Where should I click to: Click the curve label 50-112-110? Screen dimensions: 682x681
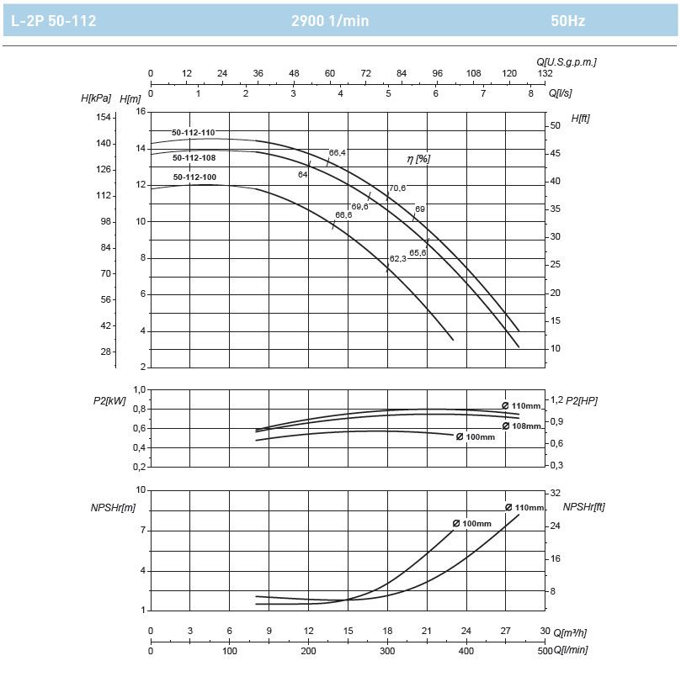[x=194, y=133]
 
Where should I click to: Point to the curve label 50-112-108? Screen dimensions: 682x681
[x=194, y=157]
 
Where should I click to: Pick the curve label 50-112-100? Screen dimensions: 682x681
[x=194, y=177]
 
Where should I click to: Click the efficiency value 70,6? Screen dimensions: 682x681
[x=397, y=188]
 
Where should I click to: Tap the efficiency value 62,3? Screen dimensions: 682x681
[x=397, y=258]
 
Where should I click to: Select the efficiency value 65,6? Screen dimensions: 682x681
[x=418, y=252]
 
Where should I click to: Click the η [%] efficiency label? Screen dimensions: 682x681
[x=418, y=158]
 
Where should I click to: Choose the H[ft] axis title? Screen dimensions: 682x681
[x=580, y=119]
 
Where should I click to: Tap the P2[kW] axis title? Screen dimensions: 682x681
[x=109, y=400]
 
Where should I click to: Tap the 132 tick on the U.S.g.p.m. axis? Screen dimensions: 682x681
[x=545, y=73]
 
